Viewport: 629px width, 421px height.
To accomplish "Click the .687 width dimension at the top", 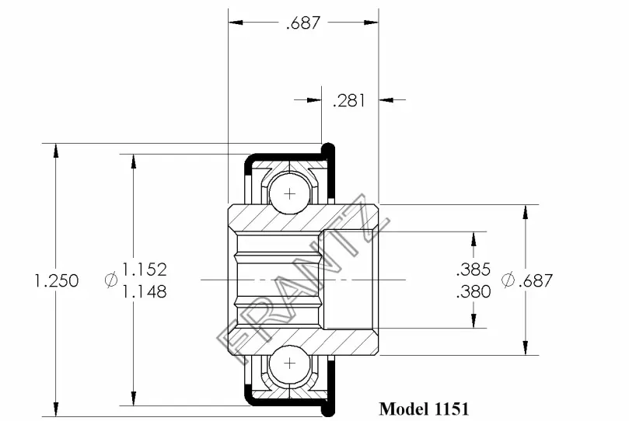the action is (x=303, y=23).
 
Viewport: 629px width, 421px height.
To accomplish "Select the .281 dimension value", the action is (x=349, y=100).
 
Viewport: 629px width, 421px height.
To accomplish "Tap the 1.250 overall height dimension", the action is (x=57, y=280).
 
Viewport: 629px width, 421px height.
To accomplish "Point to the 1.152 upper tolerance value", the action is (x=144, y=270).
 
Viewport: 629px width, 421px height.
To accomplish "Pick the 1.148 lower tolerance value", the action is (x=144, y=291).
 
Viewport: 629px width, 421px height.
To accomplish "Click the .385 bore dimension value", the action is (x=473, y=270).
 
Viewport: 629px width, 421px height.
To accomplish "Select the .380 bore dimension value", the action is (x=473, y=291).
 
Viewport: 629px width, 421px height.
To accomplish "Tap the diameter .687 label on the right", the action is (x=527, y=280).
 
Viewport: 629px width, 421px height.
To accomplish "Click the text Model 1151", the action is (x=424, y=409).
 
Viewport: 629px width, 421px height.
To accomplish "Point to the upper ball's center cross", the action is (x=290, y=194).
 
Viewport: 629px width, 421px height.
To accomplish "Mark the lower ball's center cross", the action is (x=290, y=364).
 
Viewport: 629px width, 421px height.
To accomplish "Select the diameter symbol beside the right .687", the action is (x=508, y=280).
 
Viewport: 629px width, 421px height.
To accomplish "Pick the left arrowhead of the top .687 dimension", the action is (x=236, y=23).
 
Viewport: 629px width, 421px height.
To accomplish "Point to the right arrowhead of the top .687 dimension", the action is (x=372, y=23).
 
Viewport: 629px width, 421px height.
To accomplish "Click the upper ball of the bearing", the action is (x=290, y=194).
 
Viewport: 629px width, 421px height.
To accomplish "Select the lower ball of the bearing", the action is (x=290, y=364).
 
